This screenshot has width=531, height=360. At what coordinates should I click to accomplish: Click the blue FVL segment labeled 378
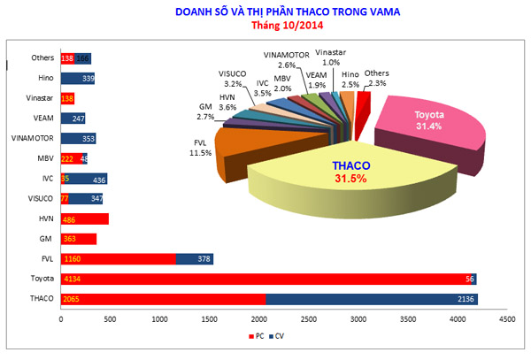194,258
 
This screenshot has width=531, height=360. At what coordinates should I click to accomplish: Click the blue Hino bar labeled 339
78,79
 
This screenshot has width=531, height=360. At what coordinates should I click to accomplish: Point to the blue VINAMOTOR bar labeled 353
78,139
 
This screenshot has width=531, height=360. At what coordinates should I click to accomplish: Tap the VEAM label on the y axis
42,118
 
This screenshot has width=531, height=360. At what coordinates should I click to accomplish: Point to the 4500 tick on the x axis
506,318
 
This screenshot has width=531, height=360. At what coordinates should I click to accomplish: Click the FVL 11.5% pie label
200,146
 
